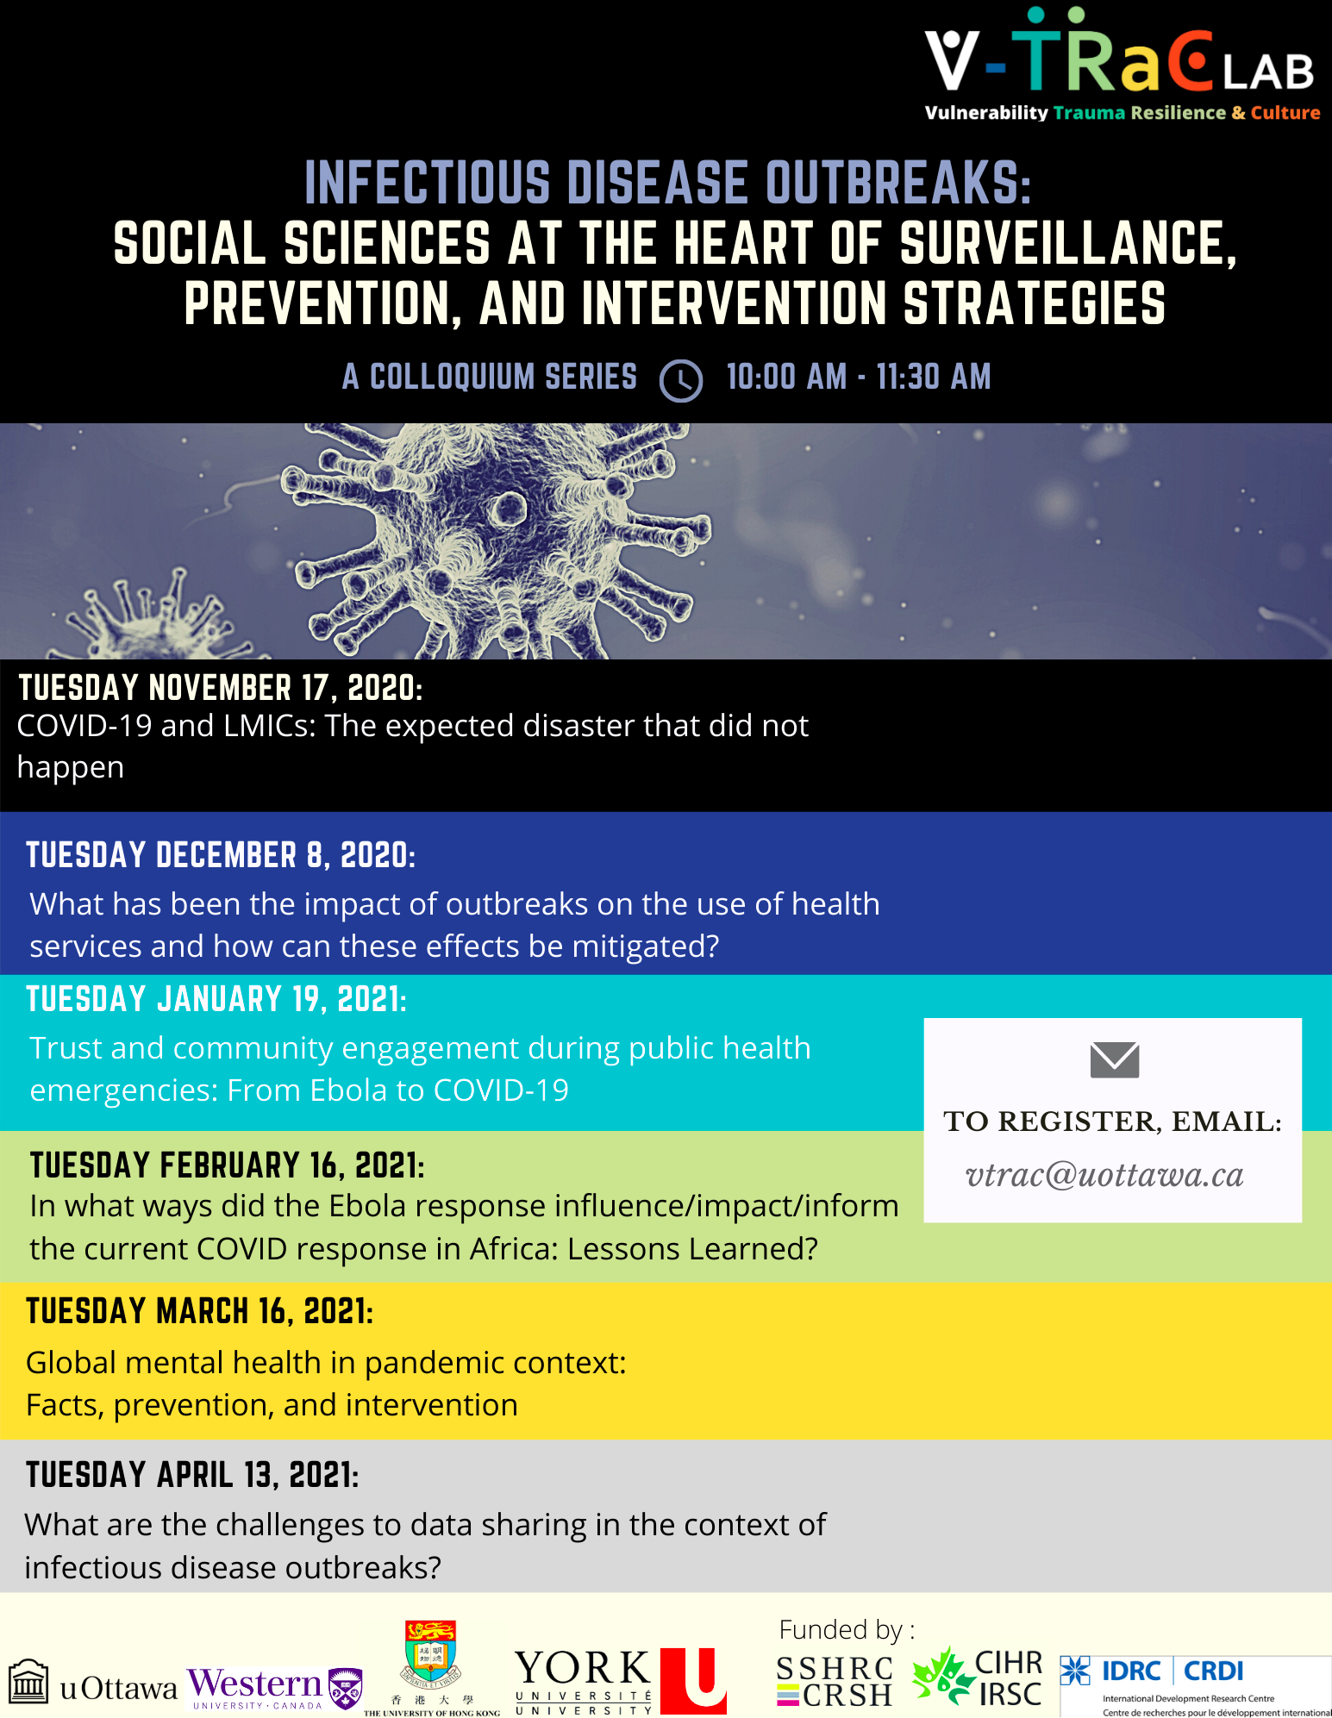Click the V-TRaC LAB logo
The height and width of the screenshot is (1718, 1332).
pyautogui.click(x=1122, y=65)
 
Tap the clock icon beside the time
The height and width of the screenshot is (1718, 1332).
pyautogui.click(x=681, y=380)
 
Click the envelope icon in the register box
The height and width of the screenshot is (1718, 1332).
pyautogui.click(x=1114, y=1060)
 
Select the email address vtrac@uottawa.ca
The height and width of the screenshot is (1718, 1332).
pyautogui.click(x=1104, y=1175)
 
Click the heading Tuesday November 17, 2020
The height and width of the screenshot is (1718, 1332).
pyautogui.click(x=221, y=688)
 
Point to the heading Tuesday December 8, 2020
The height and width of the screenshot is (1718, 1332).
pyautogui.click(x=221, y=855)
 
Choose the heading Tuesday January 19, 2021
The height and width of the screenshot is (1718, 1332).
pyautogui.click(x=216, y=999)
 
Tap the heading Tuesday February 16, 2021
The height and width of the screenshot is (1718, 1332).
pyautogui.click(x=228, y=1165)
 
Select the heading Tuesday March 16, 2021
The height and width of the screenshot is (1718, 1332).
pyautogui.click(x=200, y=1311)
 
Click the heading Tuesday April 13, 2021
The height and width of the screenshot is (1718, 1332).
pyautogui.click(x=192, y=1475)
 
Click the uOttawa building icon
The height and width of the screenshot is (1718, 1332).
pyautogui.click(x=28, y=1681)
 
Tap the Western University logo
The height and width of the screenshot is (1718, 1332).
pyautogui.click(x=275, y=1688)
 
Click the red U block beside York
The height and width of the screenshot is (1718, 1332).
pyautogui.click(x=694, y=1680)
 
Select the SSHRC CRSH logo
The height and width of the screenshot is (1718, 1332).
pyautogui.click(x=835, y=1682)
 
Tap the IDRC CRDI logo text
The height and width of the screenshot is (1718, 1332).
pyautogui.click(x=1173, y=1671)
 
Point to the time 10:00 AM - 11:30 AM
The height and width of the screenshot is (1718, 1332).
pyautogui.click(x=859, y=377)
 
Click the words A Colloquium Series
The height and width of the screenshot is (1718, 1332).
pyautogui.click(x=490, y=377)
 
